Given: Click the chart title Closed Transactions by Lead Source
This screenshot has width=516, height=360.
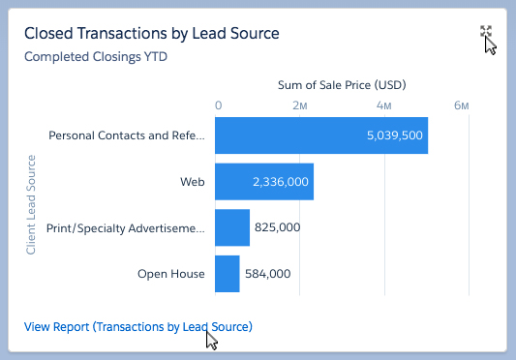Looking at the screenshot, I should coord(151,33).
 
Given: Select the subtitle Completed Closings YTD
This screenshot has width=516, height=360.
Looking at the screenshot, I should coord(95,56).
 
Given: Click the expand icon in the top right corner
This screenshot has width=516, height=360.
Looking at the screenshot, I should coord(486,34).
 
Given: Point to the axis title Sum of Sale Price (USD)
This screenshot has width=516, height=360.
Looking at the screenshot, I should coord(341,84).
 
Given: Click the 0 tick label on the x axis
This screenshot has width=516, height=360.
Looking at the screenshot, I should coord(219,105).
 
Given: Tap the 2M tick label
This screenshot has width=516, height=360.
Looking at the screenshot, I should coord(300,105).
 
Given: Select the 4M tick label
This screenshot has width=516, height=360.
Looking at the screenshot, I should coord(383,105).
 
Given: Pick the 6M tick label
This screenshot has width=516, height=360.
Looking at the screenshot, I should coord(462,105).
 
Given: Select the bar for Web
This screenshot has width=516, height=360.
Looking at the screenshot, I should coord(263,181).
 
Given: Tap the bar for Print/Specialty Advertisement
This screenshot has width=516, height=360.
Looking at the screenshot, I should coord(232,227).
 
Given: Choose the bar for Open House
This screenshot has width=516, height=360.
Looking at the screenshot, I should coord(227,274).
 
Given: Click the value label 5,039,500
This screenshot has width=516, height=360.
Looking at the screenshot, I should coord(394,135).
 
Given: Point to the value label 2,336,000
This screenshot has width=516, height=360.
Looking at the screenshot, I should coord(280,181).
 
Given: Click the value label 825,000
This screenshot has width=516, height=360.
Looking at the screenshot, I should coord(277,227).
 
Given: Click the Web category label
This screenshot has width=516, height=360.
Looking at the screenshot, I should coord(192,181).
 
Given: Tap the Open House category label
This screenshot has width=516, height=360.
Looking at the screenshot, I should coord(171,274).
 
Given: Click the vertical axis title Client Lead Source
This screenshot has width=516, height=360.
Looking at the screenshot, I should coord(31,204).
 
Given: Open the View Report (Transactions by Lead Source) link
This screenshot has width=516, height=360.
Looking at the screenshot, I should coord(137,327).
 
